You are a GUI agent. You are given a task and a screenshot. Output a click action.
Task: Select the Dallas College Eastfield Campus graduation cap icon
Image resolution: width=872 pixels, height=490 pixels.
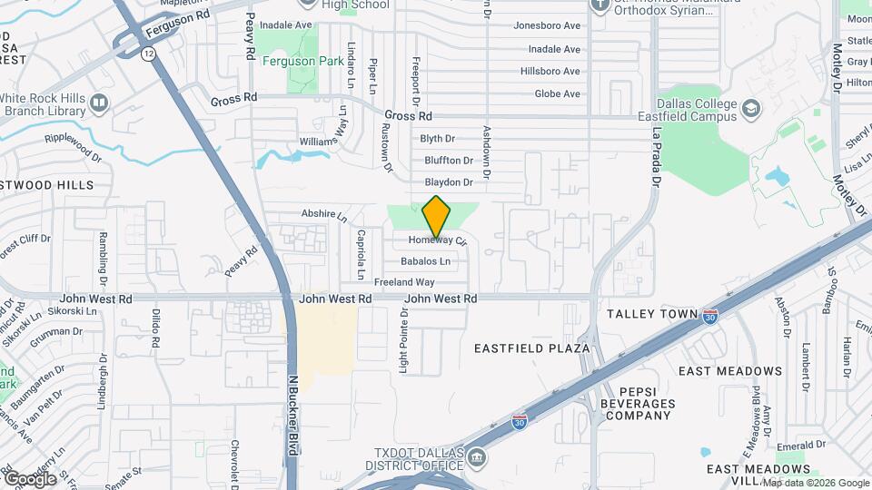pos(750,110)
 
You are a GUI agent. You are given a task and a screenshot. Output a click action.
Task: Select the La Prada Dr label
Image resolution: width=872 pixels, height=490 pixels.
pos(655,155)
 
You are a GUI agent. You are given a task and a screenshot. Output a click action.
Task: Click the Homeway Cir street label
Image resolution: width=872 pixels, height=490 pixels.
pos(437,241)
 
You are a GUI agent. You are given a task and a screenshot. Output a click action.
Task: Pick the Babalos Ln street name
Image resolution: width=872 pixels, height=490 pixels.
pos(425,261)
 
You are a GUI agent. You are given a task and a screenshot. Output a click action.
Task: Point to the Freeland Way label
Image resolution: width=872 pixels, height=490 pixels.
pos(404,282)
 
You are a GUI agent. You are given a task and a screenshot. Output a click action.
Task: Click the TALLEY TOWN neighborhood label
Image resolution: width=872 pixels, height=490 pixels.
pos(651,314)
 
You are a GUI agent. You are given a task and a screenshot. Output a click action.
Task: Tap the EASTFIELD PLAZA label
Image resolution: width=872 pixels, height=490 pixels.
pos(532,348)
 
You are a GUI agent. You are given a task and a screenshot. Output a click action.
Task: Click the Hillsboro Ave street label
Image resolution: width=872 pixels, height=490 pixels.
pos(550,72)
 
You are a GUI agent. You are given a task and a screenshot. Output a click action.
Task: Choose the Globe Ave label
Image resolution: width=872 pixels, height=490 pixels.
pos(557,93)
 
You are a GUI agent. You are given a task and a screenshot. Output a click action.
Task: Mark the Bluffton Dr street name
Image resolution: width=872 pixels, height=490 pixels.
pos(449,161)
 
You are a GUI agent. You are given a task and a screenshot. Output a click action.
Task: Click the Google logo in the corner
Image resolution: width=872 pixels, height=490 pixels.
pos(30,478)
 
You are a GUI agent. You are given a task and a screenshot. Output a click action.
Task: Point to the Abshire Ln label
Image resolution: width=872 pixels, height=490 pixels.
pos(324,215)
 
